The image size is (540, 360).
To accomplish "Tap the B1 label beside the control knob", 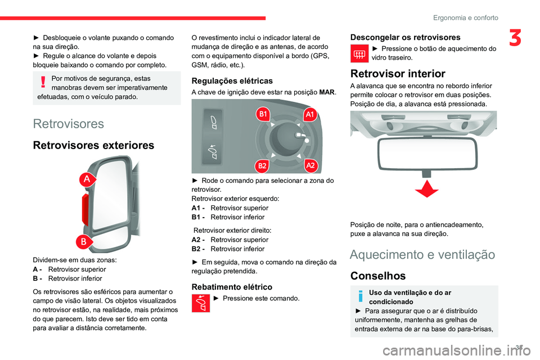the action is tap(262, 115).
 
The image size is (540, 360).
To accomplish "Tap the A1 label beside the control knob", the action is tap(309, 115).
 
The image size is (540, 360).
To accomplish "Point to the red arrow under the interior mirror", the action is tap(426, 190).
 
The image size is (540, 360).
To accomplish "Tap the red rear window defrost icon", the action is tap(358, 53).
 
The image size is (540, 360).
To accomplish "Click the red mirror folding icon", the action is tap(200, 303).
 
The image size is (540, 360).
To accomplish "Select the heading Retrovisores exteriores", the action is tap(93, 146).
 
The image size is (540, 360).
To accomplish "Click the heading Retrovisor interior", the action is tap(397, 74).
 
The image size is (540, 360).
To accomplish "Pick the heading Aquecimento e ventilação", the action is tap(422, 255).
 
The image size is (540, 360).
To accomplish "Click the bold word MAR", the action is tap(327, 92).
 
